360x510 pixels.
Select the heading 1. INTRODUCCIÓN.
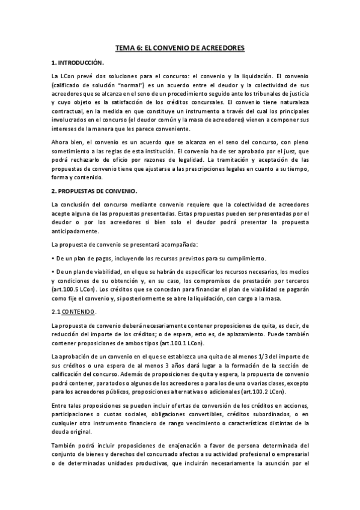click(78, 63)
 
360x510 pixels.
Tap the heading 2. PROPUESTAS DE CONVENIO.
click(94, 191)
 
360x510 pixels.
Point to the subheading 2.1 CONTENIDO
click(73, 311)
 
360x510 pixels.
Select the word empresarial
click(291, 454)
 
